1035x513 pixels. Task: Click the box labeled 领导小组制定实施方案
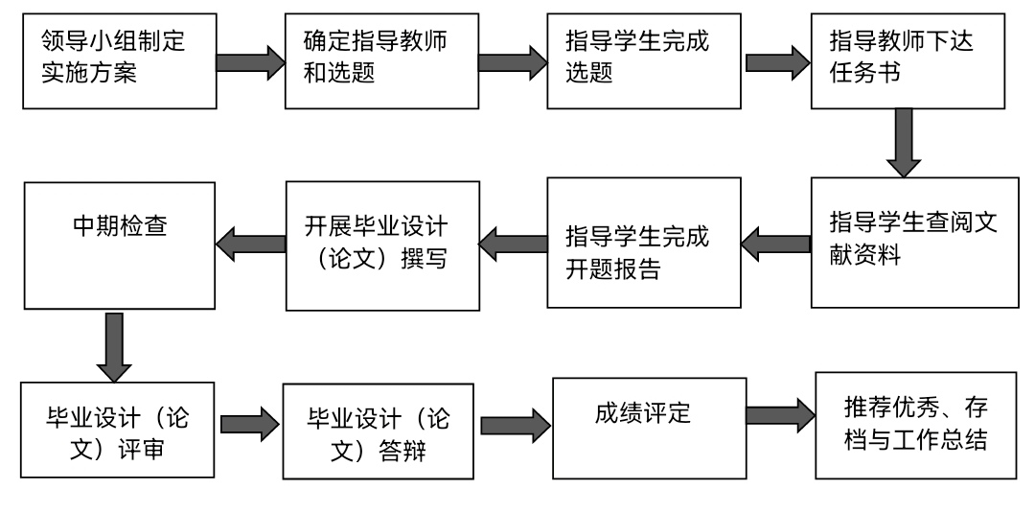[x=120, y=61]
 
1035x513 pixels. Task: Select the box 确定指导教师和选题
[x=381, y=61]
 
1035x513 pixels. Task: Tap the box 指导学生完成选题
[x=644, y=61]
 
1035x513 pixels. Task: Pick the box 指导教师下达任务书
[x=908, y=61]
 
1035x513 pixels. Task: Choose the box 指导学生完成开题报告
[x=644, y=243]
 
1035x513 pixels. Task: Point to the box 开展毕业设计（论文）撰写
[x=382, y=245]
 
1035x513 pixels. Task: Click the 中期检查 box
[x=120, y=245]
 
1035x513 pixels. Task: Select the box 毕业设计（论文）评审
[x=118, y=430]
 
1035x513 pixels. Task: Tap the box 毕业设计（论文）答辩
[x=379, y=431]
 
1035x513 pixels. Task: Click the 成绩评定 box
[x=650, y=428]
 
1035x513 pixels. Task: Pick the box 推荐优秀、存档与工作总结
[x=915, y=425]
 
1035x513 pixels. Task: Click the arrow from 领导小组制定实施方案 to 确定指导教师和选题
[x=251, y=62]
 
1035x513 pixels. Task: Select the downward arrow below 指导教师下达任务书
[x=904, y=143]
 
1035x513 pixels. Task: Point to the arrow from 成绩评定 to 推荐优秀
[x=781, y=415]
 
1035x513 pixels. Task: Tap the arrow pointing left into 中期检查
[x=250, y=245]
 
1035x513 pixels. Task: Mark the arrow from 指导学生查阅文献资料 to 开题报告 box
[x=775, y=245]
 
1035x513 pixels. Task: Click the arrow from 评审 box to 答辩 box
[x=249, y=424]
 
